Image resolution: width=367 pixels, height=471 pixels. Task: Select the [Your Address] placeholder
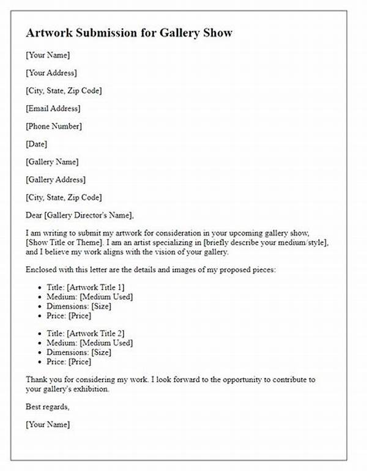click(x=51, y=73)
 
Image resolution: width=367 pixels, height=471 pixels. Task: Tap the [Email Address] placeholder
click(x=54, y=108)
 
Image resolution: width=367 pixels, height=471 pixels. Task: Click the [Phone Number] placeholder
click(x=54, y=126)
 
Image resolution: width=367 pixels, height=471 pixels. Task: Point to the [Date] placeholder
click(x=37, y=144)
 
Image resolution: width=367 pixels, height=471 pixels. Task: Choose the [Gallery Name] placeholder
click(x=53, y=161)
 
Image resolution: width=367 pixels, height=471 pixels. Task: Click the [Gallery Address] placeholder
click(x=56, y=179)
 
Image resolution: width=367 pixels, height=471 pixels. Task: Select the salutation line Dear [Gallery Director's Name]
click(x=80, y=215)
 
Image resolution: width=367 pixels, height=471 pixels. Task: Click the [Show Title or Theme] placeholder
click(x=63, y=243)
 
